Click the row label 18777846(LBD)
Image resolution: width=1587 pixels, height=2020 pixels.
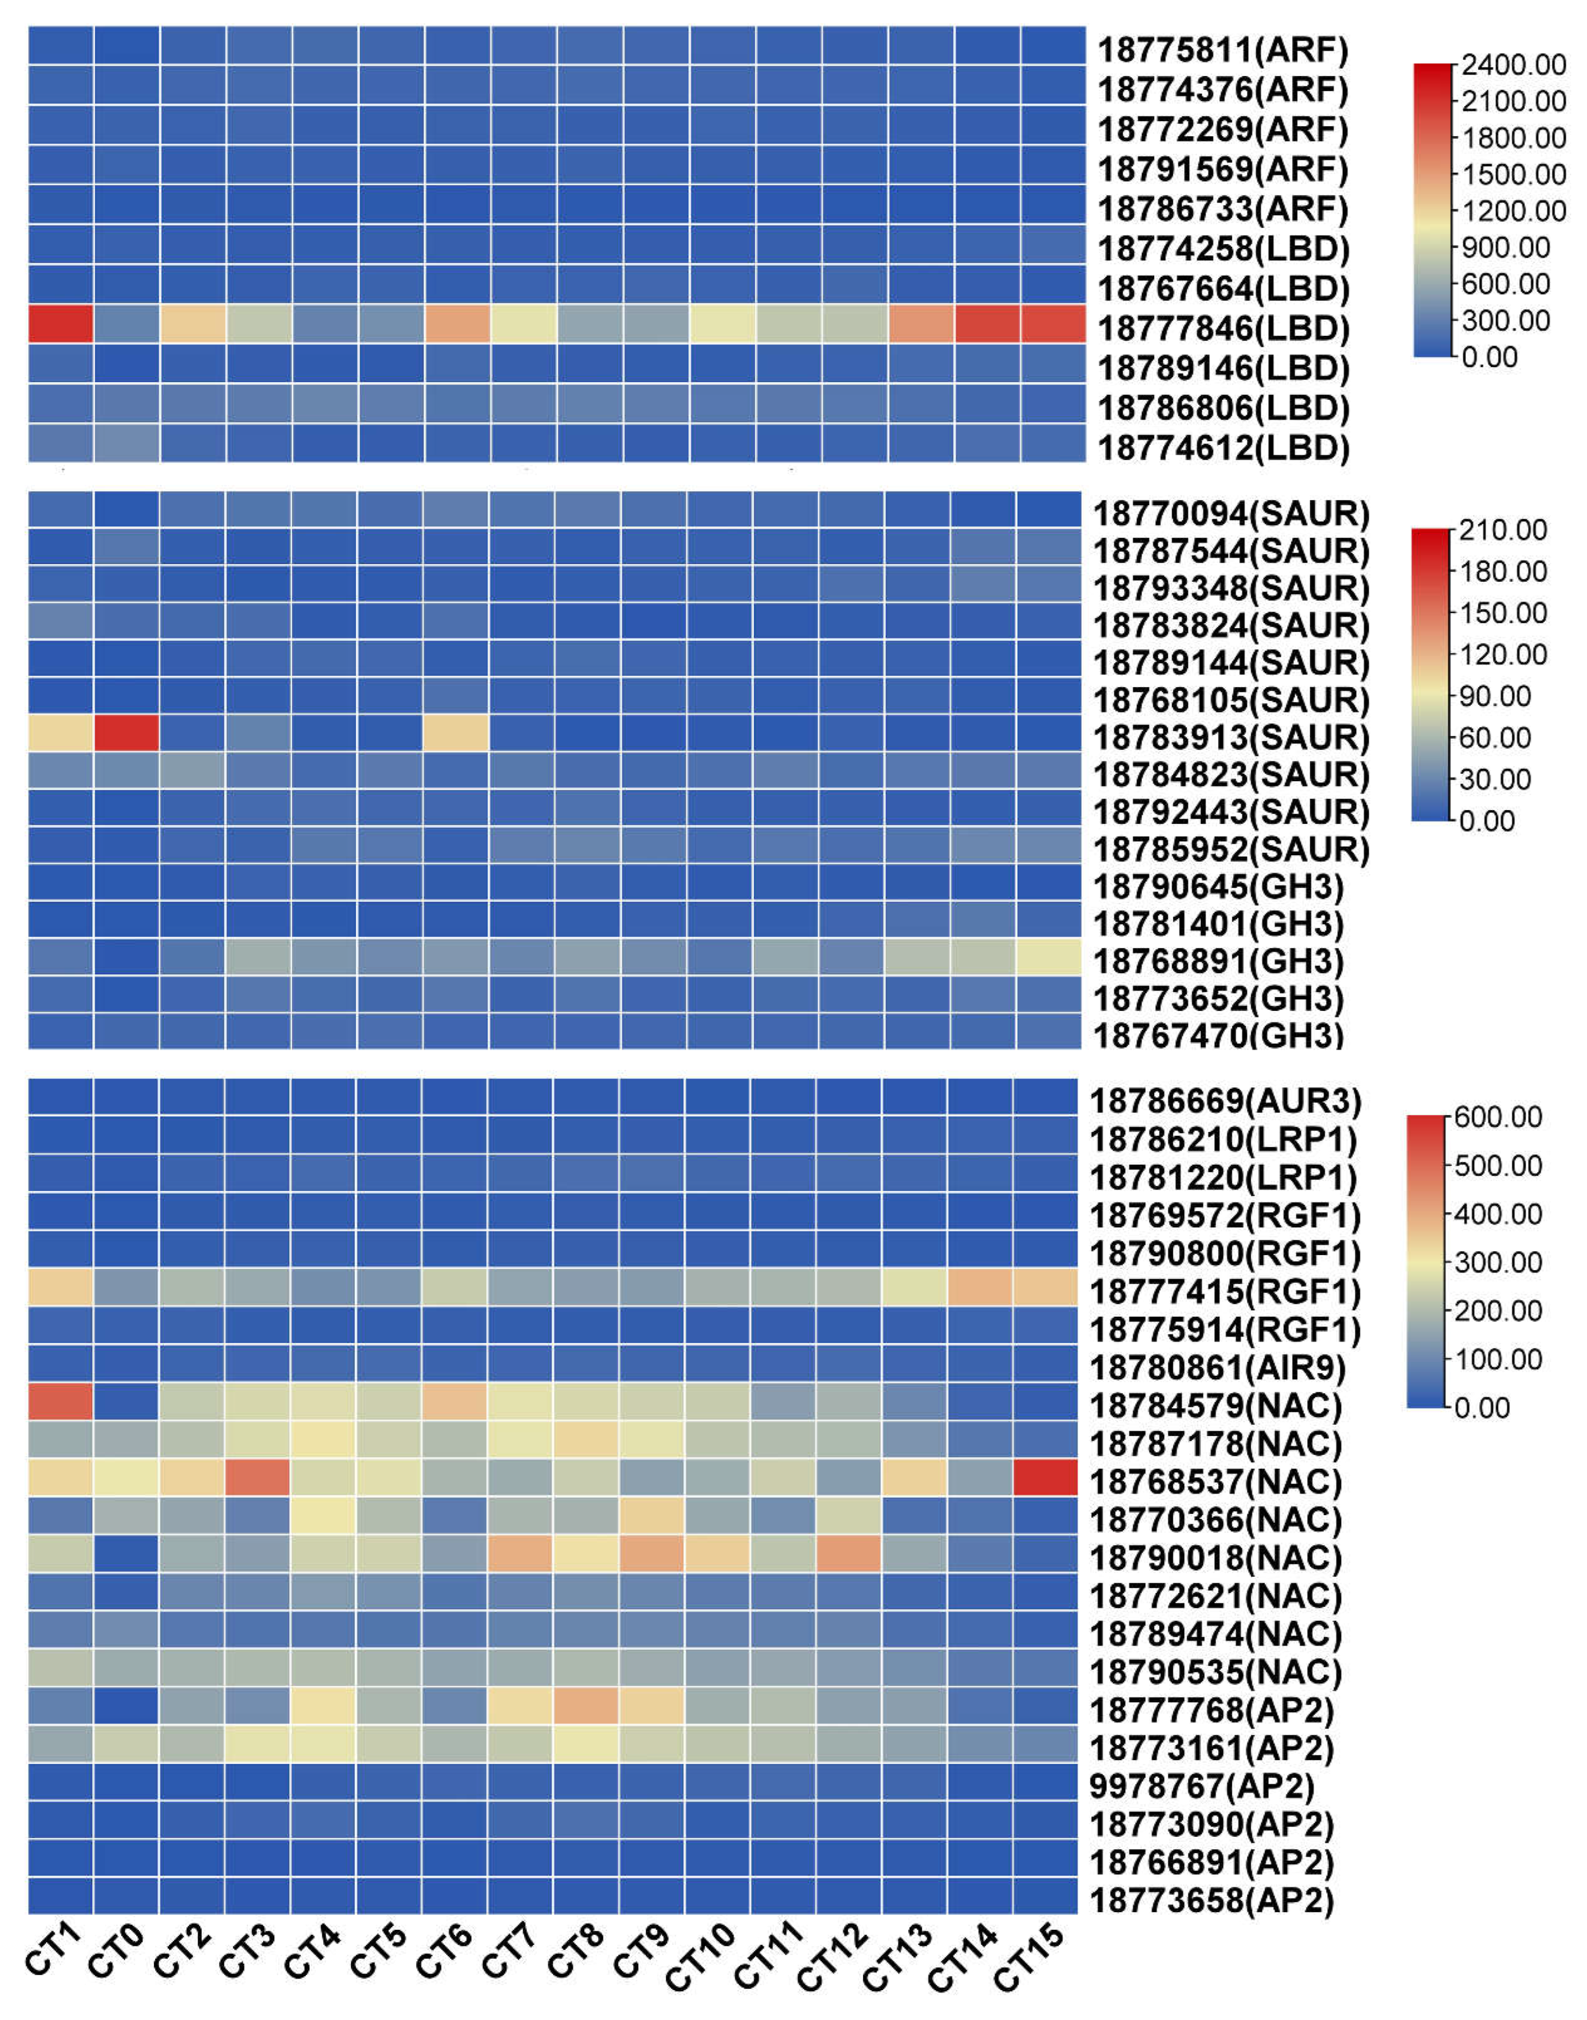1223,329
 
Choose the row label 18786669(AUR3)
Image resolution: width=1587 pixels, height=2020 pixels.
1225,1102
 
